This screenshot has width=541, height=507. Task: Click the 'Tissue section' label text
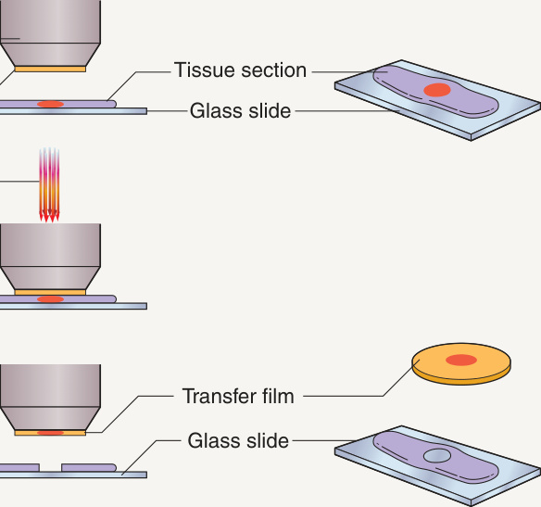click(240, 70)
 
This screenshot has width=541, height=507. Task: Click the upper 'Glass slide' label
click(241, 111)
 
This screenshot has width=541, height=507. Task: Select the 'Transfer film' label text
click(238, 396)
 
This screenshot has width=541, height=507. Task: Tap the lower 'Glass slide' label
click(238, 441)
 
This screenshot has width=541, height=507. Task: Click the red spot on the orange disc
click(461, 360)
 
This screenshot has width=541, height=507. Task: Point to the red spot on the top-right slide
click(437, 90)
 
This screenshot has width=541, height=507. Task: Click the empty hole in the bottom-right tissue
click(437, 456)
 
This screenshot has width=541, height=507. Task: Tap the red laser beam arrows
click(49, 184)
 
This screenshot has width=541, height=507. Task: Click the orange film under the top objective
click(50, 70)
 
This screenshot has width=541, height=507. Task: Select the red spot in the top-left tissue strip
click(50, 104)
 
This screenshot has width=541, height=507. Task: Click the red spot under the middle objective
click(50, 298)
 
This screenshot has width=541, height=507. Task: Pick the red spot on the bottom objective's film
click(50, 433)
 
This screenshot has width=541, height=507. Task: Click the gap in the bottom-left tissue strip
click(50, 468)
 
